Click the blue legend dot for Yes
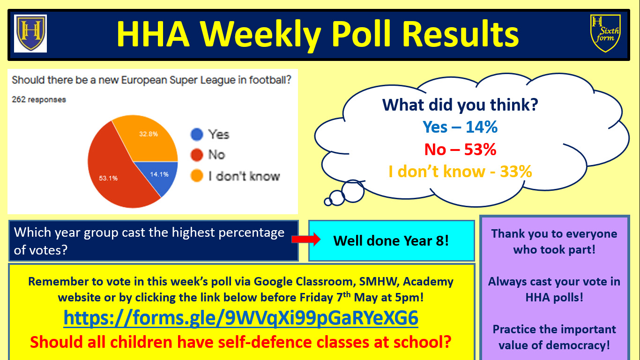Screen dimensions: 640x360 pyautogui.click(x=197, y=134)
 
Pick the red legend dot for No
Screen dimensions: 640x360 pyautogui.click(x=197, y=155)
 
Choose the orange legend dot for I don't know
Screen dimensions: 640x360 pyautogui.click(x=197, y=176)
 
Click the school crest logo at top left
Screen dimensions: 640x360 pyautogui.click(x=30, y=33)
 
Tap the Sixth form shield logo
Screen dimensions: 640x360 pyautogui.click(x=605, y=33)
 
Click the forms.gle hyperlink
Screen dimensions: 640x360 pyautogui.click(x=241, y=318)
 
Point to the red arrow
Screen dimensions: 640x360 pyautogui.click(x=306, y=240)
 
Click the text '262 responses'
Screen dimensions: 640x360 pyautogui.click(x=39, y=99)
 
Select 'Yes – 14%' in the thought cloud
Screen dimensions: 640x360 pyautogui.click(x=460, y=127)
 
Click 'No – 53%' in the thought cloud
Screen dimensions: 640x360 pyautogui.click(x=460, y=149)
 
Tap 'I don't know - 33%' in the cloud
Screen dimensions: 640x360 pyautogui.click(x=460, y=172)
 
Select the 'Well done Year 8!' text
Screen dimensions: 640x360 pyautogui.click(x=391, y=241)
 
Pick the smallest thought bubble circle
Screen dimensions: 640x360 pyautogui.click(x=328, y=202)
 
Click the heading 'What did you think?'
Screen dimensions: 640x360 pyautogui.click(x=460, y=105)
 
